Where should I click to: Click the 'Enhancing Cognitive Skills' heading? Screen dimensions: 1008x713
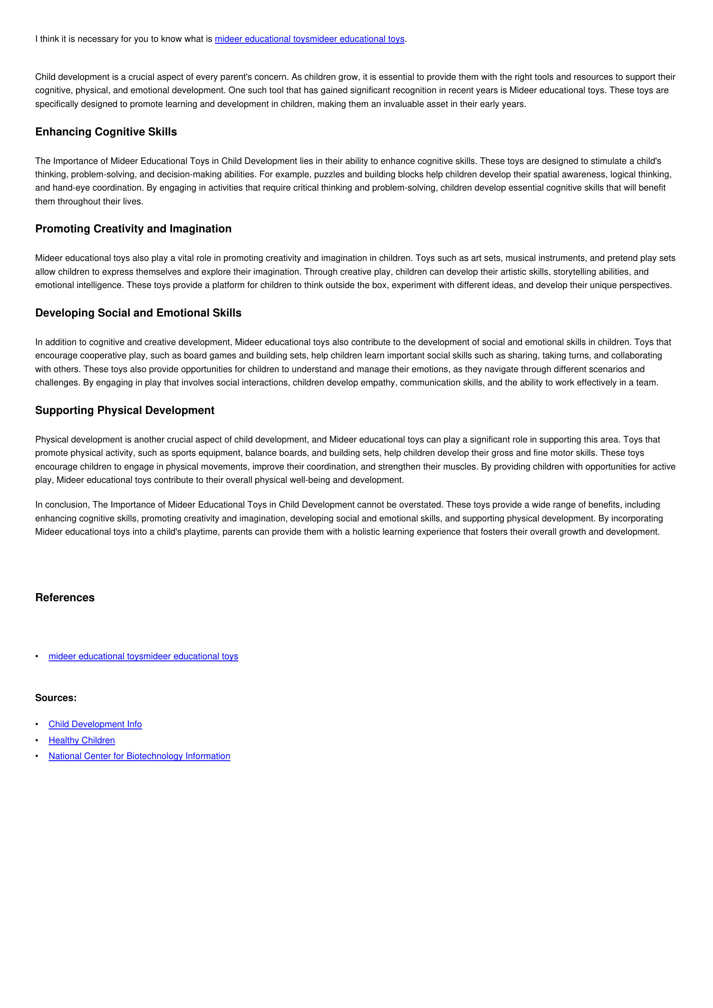[106, 132]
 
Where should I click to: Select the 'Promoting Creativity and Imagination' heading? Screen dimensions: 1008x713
[133, 229]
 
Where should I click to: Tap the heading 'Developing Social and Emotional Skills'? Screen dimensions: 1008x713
[138, 313]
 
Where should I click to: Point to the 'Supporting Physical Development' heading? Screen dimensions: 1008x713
[125, 411]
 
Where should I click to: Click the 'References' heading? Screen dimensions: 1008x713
[65, 598]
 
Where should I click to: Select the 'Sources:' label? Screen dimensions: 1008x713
[56, 698]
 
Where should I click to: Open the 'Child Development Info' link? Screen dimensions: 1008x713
[95, 724]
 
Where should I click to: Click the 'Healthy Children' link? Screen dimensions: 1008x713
[82, 740]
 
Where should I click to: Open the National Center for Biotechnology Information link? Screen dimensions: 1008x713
[139, 756]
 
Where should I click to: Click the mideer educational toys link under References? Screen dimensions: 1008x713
[143, 656]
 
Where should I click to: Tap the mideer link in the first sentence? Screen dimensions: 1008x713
[309, 39]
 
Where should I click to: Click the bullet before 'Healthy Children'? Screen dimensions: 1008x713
[37, 740]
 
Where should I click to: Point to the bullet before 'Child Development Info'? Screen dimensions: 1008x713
[37, 724]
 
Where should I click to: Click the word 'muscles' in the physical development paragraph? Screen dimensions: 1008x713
[460, 467]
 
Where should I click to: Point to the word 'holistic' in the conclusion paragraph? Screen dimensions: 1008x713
[367, 532]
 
